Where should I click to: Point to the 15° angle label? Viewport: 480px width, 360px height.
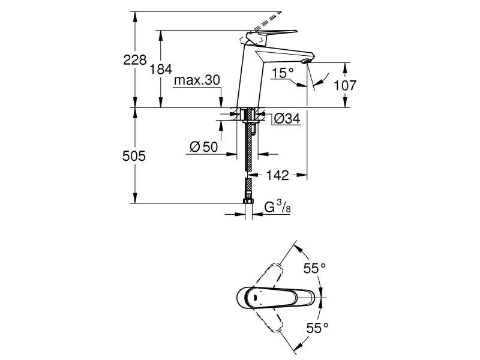pyautogui.click(x=283, y=73)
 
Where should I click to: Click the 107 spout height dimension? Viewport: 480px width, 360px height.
pyautogui.click(x=345, y=85)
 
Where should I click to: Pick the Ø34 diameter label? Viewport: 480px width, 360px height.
pyautogui.click(x=286, y=119)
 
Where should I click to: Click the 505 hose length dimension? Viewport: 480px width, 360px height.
pyautogui.click(x=134, y=156)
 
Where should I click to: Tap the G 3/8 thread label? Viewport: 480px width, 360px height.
pyautogui.click(x=277, y=208)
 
